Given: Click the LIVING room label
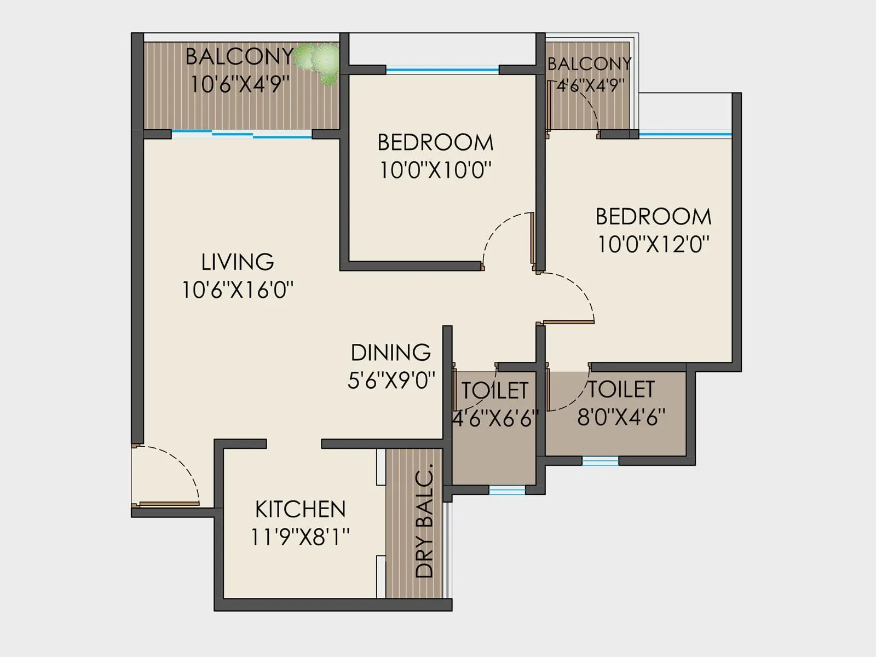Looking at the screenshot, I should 237,262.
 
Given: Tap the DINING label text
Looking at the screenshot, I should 390,353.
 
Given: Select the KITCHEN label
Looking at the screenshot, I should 300,509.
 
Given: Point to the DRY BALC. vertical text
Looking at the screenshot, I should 424,521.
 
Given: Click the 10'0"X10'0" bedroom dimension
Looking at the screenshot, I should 435,171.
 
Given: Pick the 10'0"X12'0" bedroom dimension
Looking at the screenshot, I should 653,244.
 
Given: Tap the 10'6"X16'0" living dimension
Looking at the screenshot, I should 237,290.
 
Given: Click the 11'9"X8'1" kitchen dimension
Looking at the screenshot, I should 300,537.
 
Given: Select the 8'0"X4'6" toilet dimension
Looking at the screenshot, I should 621,418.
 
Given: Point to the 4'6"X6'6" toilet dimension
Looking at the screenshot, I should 494,419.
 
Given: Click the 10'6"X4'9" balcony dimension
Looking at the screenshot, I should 239,85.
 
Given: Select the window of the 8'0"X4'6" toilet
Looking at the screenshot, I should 600,461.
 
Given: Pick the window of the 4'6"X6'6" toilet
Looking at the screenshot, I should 506,490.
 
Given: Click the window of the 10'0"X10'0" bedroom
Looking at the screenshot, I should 442,70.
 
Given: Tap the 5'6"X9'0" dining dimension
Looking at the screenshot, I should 391,380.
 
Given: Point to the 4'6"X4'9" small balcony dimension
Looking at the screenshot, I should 590,86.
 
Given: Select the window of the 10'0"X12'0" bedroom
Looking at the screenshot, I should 684,134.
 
